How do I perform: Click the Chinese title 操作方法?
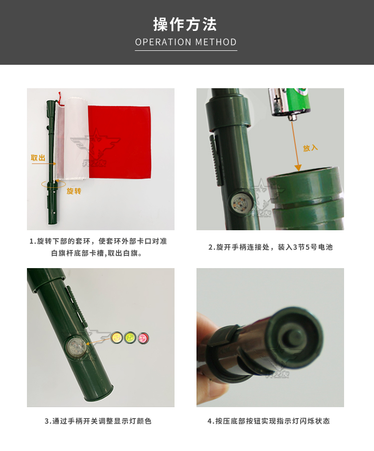coord(185,24)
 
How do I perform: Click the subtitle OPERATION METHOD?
coord(186,42)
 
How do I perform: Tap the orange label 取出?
coord(38,157)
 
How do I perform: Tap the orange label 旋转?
coord(74,191)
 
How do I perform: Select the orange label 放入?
coord(310,148)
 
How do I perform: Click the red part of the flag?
coord(120,142)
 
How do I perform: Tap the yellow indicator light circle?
coord(116,337)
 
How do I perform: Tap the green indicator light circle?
coord(130,337)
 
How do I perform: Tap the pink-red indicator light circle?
coord(143,338)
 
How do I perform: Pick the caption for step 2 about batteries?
coord(270,247)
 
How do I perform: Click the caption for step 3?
coord(98,421)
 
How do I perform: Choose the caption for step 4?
coord(269,421)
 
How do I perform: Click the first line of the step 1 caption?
coord(98,241)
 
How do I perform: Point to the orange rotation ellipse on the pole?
coord(53,184)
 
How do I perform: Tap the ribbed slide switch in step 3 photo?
coord(77,306)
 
